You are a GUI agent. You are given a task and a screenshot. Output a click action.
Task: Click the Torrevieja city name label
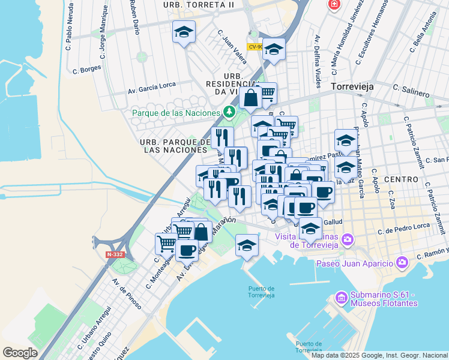[x=352, y=87]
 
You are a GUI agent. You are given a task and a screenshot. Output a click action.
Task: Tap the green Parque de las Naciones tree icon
[x=229, y=112]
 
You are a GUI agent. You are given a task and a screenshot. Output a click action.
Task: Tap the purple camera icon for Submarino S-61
[x=341, y=297]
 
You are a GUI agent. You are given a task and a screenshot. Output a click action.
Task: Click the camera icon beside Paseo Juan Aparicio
[x=402, y=262]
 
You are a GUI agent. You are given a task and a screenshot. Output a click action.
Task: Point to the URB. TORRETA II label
[x=198, y=5]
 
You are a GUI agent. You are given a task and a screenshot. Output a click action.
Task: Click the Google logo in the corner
[x=20, y=353]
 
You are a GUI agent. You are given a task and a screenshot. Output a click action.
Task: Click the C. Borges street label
[x=87, y=69]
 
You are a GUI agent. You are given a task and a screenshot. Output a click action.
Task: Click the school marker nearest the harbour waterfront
[x=247, y=245]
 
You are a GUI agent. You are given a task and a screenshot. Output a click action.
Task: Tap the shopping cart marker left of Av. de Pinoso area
[x=166, y=244]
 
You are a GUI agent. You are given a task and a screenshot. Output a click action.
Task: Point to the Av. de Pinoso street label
[x=127, y=293]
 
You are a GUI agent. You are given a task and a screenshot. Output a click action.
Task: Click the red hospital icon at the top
[x=333, y=4]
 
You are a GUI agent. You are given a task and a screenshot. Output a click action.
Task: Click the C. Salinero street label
[x=411, y=91]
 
